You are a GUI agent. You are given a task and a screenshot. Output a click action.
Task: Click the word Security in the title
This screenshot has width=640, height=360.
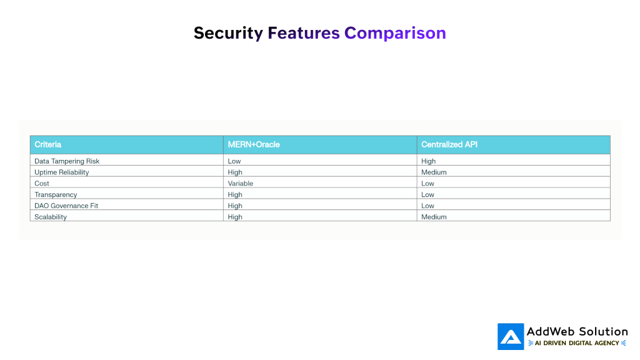(228, 34)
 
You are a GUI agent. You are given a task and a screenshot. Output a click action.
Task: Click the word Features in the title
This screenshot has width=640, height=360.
(304, 33)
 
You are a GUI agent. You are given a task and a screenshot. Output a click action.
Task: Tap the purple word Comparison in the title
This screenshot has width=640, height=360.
(395, 34)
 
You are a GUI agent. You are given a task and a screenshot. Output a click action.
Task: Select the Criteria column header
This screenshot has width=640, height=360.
(47, 144)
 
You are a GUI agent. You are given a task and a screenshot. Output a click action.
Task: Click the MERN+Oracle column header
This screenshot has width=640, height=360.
(254, 144)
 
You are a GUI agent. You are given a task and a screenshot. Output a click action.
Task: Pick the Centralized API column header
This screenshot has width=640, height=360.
(449, 144)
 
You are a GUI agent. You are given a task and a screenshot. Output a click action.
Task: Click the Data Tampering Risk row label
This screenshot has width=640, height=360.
(67, 161)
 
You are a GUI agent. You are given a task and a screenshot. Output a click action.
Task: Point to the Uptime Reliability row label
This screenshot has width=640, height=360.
(62, 172)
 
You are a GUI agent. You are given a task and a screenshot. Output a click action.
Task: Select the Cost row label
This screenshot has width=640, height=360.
(42, 184)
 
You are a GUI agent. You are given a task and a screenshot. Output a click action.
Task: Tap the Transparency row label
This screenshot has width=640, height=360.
(56, 195)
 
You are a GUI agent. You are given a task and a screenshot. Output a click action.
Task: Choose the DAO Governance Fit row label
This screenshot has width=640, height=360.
(66, 206)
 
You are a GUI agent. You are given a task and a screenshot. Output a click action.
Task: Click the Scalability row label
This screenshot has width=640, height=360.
(51, 217)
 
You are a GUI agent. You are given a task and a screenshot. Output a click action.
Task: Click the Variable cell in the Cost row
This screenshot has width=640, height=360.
(241, 184)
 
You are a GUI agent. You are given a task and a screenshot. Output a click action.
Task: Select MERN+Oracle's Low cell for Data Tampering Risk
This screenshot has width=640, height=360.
(234, 161)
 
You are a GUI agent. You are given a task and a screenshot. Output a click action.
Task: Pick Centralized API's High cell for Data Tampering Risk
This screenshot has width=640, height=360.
(429, 161)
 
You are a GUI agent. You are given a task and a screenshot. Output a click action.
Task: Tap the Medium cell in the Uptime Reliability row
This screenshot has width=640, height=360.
(434, 172)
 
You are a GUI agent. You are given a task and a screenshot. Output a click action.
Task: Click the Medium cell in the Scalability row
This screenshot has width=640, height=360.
(434, 217)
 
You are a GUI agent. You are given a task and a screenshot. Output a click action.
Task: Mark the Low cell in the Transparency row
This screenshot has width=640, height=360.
(427, 195)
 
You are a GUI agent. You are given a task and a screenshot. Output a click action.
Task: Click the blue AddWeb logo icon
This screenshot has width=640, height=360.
(511, 337)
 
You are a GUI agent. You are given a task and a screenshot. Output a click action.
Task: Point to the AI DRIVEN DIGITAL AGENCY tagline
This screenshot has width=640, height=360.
(577, 343)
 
